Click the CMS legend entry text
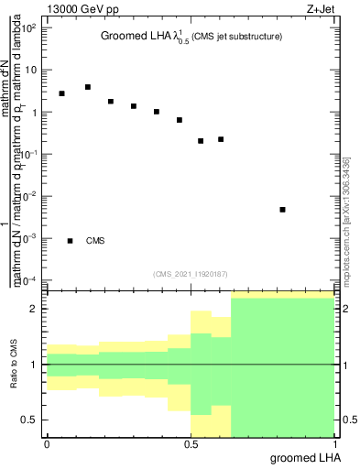coord(95,241)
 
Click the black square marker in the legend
coord(71,241)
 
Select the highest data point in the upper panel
coord(88,87)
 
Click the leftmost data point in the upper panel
coord(61,93)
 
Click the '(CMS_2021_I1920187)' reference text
coord(191,273)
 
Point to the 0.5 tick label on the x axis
coord(191,444)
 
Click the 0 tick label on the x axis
coord(47,444)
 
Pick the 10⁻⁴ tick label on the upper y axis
coord(30,279)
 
